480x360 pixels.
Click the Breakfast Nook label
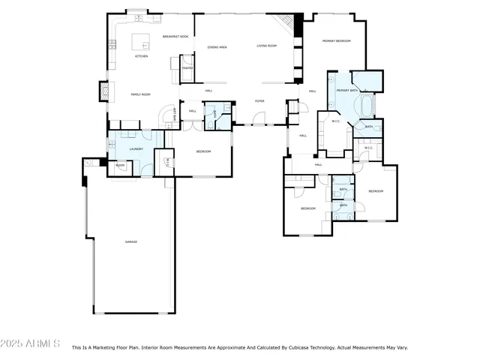coord(175,36)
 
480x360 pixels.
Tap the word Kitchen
coord(141,56)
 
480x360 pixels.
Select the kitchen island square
coord(140,40)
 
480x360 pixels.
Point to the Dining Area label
coord(217,46)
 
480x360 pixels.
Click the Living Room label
coord(267,46)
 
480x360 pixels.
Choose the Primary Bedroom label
coord(337,40)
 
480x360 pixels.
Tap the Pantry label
coord(187,68)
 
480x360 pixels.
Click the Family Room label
coord(141,94)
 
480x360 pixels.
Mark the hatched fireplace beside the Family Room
coord(104,91)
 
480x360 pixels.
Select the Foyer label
coord(259,100)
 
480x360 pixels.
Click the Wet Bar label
coord(175,115)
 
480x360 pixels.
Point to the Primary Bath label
coord(347,91)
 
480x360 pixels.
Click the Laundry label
coord(136,149)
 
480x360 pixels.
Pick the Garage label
coord(131,241)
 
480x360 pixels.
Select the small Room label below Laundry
coord(120,165)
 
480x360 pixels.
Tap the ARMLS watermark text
coord(31,343)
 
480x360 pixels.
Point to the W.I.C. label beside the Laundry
coord(167,162)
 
